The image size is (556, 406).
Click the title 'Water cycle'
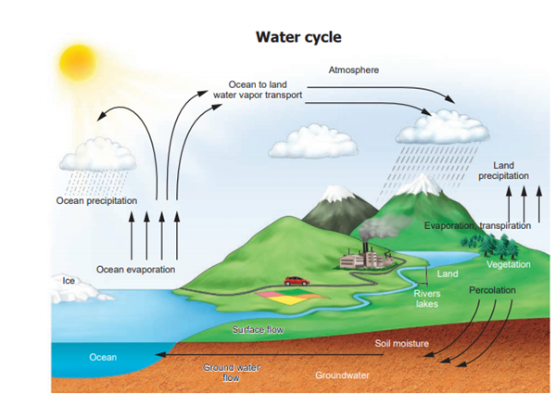coord(298,37)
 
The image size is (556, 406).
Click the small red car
coord(296,280)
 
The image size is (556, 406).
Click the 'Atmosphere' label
coord(353,70)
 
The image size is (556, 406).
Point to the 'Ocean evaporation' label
coord(136,269)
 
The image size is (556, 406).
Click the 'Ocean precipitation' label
coord(96,200)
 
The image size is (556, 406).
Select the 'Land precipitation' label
coord(503,171)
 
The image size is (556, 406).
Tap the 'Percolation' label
coord(491,290)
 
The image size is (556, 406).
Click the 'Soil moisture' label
coord(401,343)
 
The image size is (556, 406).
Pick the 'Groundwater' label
coord(342,375)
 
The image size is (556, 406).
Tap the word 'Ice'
coord(68,280)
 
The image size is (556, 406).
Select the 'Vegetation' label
coord(508,264)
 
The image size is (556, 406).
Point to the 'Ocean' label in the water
coord(103,357)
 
